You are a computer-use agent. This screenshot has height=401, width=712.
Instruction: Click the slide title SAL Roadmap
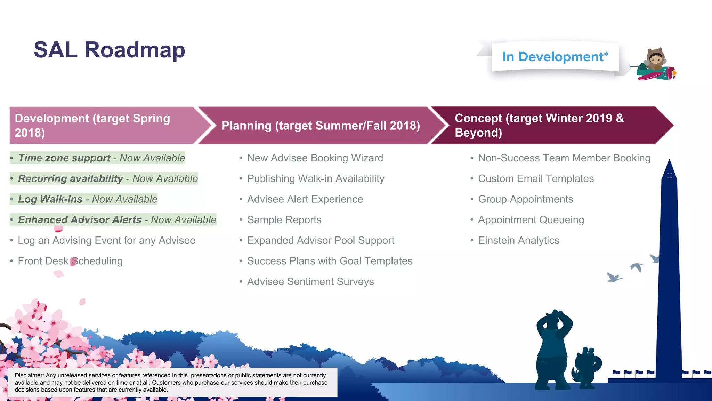[x=109, y=50]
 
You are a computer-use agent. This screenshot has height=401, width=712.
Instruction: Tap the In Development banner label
[x=555, y=57]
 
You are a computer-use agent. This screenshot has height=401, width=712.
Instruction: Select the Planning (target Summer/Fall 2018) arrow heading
[x=321, y=126]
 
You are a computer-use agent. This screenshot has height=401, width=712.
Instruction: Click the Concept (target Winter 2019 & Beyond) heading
[x=539, y=125]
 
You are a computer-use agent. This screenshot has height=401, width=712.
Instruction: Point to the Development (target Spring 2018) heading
[x=92, y=125]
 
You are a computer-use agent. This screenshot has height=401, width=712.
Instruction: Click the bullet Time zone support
[x=65, y=158]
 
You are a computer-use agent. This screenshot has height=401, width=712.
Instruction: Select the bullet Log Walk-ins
[x=51, y=199]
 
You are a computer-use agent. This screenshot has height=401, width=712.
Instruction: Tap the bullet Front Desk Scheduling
[x=70, y=261]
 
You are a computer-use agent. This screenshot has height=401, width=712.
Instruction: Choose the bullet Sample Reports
[x=284, y=220]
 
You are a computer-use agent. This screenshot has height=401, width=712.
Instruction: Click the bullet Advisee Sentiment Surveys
[x=310, y=282]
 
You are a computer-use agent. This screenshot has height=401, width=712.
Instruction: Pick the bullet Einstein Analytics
[x=518, y=241]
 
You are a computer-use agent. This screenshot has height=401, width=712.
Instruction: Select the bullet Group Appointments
[x=525, y=199]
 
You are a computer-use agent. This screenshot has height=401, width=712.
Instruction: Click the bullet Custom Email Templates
[x=536, y=179]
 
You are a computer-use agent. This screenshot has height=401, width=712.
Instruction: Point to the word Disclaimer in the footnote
[x=29, y=375]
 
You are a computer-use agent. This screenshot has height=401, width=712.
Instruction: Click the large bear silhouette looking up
[x=553, y=348]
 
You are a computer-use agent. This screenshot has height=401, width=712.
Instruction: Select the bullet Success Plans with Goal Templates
[x=330, y=261]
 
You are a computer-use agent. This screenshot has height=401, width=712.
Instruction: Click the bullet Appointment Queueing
[x=531, y=220]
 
